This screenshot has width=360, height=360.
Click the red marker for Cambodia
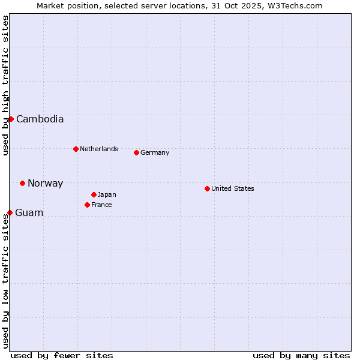click(11, 119)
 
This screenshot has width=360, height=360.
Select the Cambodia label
click(40, 119)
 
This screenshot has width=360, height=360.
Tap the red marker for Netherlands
click(76, 149)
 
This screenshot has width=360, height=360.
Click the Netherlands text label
click(99, 149)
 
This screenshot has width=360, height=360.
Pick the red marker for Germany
click(136, 152)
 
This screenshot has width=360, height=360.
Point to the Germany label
click(155, 153)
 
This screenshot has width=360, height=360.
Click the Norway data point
click(22, 183)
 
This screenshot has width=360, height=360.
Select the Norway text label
click(45, 184)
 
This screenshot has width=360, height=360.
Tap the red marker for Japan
click(94, 194)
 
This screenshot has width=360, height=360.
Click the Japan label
click(107, 194)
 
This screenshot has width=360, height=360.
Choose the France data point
click(87, 205)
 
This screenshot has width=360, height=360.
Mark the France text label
click(101, 205)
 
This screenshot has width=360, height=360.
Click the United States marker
click(207, 188)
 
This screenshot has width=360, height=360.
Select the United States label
click(233, 188)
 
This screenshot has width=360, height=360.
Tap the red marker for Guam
click(10, 212)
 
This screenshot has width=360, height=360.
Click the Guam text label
click(29, 213)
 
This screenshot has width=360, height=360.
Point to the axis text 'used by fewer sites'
click(62, 355)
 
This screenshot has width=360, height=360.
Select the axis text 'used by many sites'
click(301, 355)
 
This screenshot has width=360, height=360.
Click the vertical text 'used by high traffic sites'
click(5, 85)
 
